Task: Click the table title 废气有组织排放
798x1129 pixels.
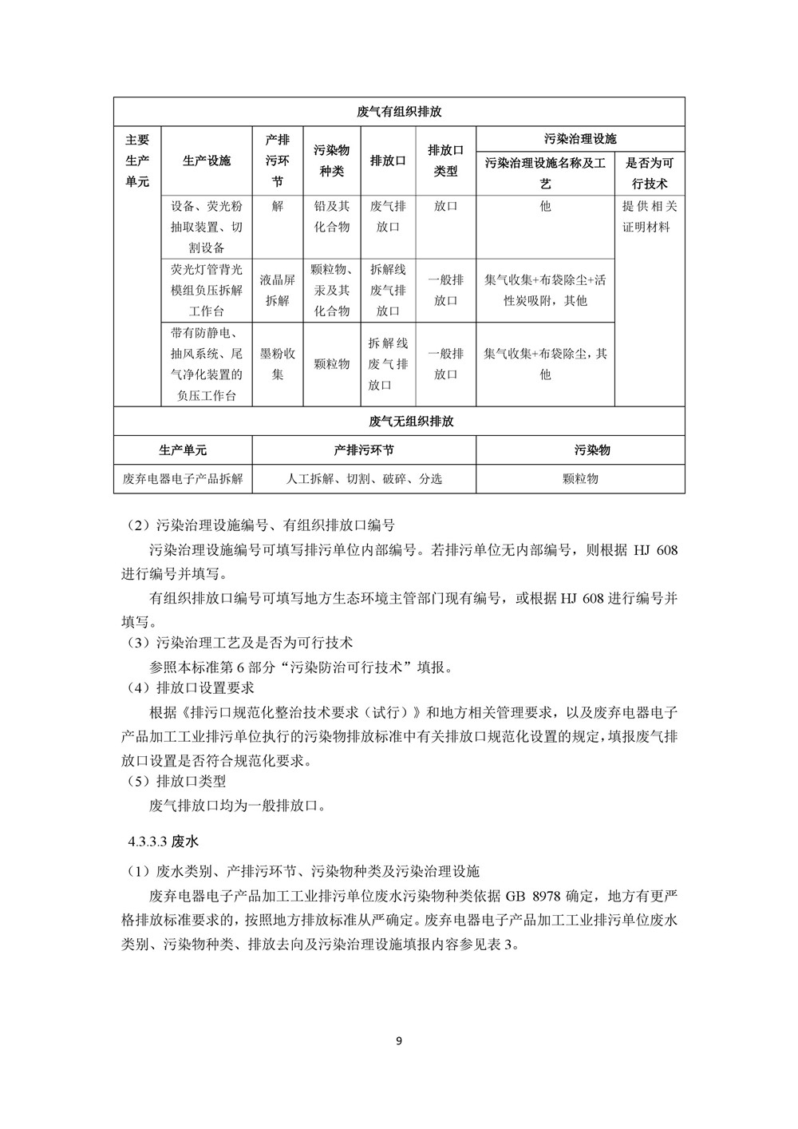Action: tap(399, 112)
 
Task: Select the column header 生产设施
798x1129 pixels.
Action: tap(206, 160)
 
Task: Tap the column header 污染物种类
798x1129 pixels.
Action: tap(332, 160)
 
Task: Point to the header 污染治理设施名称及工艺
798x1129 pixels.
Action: tap(545, 173)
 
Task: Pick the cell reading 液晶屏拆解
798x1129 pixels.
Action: tap(278, 290)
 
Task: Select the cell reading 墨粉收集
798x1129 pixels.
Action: tap(278, 363)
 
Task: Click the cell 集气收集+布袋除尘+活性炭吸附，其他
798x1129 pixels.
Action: tap(545, 290)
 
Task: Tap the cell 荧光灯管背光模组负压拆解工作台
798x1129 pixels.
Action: tap(206, 290)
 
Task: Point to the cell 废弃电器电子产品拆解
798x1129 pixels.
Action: tap(183, 478)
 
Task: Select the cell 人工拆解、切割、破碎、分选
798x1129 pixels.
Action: tap(364, 478)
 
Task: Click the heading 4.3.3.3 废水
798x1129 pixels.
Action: tap(167, 841)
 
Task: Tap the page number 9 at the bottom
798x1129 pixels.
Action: tap(399, 1041)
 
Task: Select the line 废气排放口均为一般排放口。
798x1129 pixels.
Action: tap(237, 805)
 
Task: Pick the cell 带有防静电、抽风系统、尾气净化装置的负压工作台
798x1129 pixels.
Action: tap(206, 363)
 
